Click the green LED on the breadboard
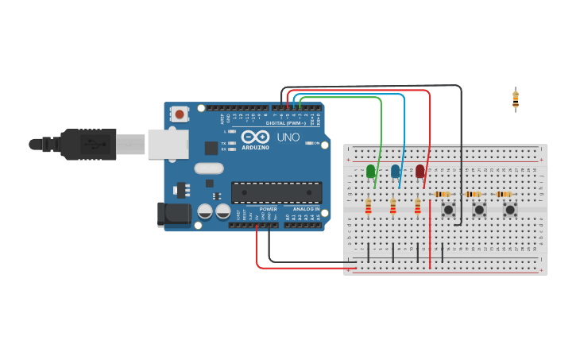click(370, 171)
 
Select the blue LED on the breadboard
click(395, 171)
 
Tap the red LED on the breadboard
click(419, 171)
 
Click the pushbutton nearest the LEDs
click(448, 210)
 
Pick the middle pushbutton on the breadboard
click(479, 210)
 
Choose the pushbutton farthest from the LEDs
click(510, 210)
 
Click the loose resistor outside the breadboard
click(516, 99)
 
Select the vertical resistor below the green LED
click(368, 207)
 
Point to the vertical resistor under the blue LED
click(392, 207)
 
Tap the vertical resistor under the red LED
click(417, 207)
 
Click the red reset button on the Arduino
click(180, 114)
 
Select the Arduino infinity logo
click(256, 137)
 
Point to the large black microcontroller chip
click(276, 192)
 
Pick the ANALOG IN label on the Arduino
click(306, 209)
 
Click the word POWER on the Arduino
click(269, 209)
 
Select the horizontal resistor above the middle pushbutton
click(473, 194)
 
